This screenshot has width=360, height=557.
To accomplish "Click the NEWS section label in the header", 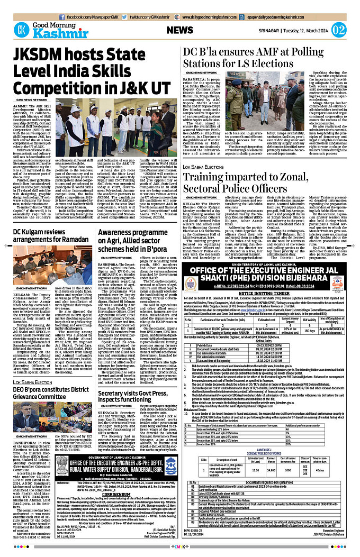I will pos(183,30).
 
